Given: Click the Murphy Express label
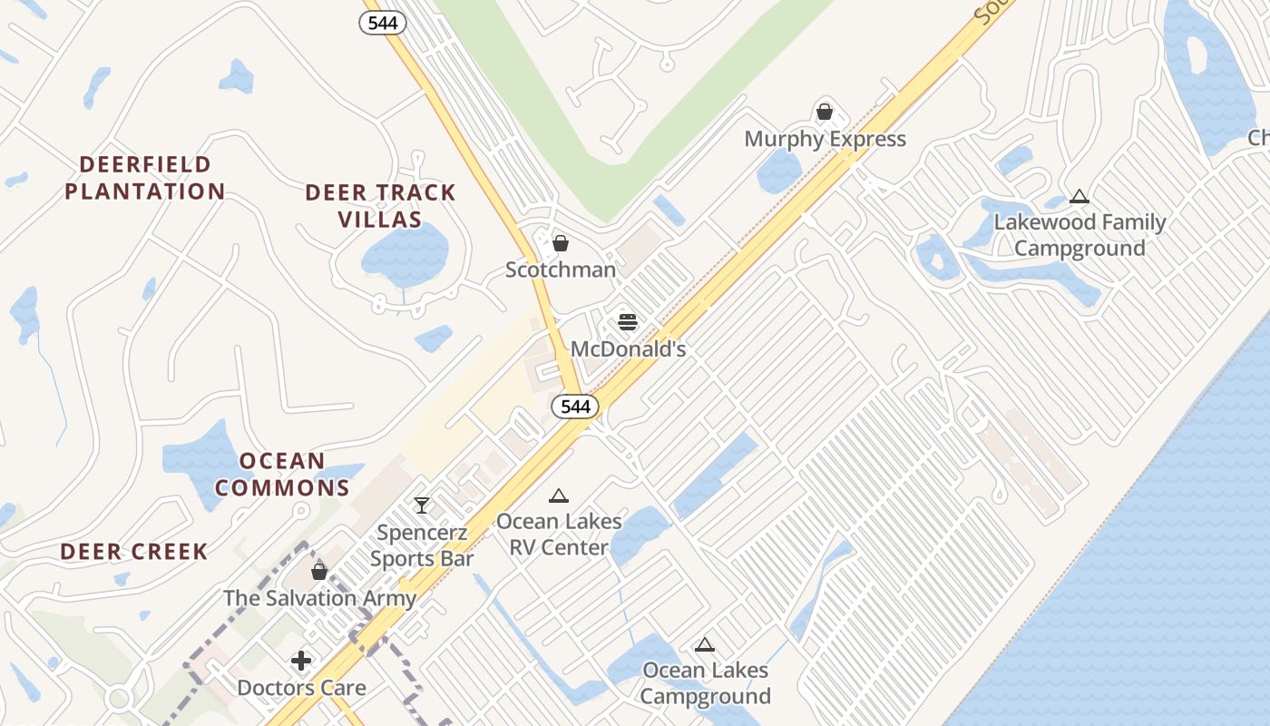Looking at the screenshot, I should (825, 139).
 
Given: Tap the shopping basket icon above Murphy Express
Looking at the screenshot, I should (825, 112).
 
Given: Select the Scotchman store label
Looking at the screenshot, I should (561, 270).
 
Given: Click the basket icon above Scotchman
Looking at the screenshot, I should (561, 243).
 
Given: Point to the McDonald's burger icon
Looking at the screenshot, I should (628, 321).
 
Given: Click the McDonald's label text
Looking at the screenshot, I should (628, 348).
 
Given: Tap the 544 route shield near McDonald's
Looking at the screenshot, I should (575, 407).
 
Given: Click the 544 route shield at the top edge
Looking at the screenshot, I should (383, 23).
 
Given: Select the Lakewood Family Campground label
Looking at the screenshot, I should (1079, 235).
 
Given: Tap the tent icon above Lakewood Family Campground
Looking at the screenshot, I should (1079, 196).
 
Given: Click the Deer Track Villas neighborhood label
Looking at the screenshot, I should (380, 206).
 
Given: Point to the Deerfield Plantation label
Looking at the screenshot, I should (145, 178).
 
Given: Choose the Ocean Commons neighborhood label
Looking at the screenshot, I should (282, 475).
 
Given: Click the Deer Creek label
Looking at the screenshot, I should (134, 552).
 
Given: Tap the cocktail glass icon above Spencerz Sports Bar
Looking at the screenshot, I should (422, 505).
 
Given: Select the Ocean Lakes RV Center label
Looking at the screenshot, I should (559, 535).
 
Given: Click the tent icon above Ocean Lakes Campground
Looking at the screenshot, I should (705, 645).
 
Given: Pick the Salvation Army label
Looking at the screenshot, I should (319, 598).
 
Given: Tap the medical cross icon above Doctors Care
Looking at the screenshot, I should (301, 661).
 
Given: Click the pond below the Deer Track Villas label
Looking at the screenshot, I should (405, 251).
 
